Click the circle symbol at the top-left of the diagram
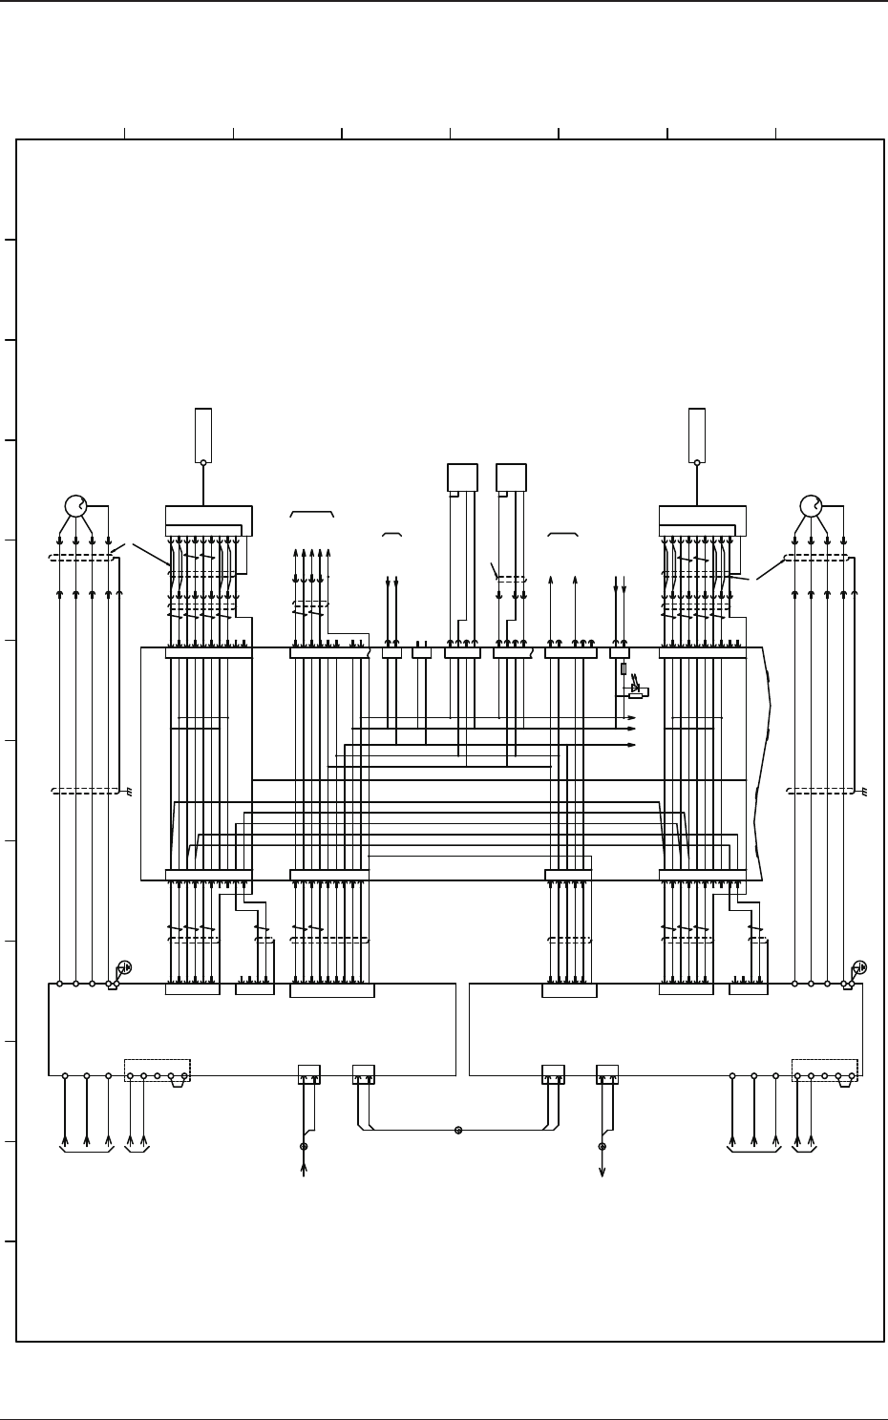(x=75, y=506)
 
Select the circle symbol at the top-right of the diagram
(x=811, y=506)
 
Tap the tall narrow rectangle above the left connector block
(x=203, y=434)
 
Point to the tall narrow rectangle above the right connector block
(x=697, y=434)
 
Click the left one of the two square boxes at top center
(x=462, y=477)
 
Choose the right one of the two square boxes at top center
(x=511, y=477)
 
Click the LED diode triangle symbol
(x=635, y=688)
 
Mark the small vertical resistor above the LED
(x=624, y=668)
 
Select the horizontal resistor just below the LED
(x=635, y=696)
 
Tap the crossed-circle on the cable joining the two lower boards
(x=458, y=1130)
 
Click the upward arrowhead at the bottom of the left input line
(x=304, y=1168)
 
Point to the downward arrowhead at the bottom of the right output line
(x=602, y=1173)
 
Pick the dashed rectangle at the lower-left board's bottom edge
(x=158, y=1070)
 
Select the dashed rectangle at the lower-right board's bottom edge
(x=825, y=1070)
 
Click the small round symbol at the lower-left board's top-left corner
(x=124, y=967)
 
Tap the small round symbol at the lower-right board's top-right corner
(x=859, y=967)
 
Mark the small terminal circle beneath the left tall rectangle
(x=203, y=462)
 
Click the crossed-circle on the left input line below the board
(x=304, y=1146)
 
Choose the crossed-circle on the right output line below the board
(x=602, y=1146)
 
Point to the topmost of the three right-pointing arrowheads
(x=631, y=717)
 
